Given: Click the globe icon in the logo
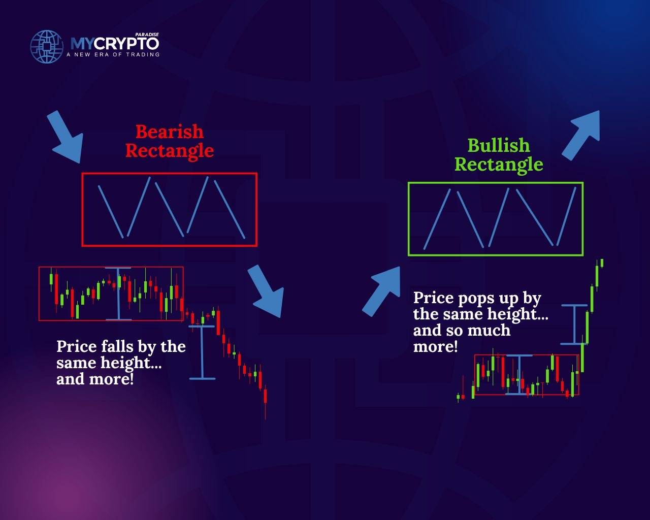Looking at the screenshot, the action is pyautogui.click(x=47, y=47).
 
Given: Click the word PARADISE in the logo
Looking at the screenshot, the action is pyautogui.click(x=147, y=35).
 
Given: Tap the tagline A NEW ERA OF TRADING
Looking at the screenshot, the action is pyautogui.click(x=113, y=54).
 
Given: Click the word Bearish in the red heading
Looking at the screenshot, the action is pyautogui.click(x=170, y=132).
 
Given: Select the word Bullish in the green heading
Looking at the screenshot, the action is pyautogui.click(x=499, y=145).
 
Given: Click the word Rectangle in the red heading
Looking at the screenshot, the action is pyautogui.click(x=170, y=151).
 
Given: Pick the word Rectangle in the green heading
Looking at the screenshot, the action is pyautogui.click(x=499, y=165).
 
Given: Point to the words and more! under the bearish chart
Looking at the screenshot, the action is pyautogui.click(x=95, y=379).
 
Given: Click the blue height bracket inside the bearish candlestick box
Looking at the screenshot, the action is pyautogui.click(x=118, y=294).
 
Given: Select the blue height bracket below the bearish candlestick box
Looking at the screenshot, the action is pyautogui.click(x=202, y=352).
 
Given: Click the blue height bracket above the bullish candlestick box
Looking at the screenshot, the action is pyautogui.click(x=574, y=324).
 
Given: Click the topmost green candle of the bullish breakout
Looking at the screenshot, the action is pyautogui.click(x=602, y=263).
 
